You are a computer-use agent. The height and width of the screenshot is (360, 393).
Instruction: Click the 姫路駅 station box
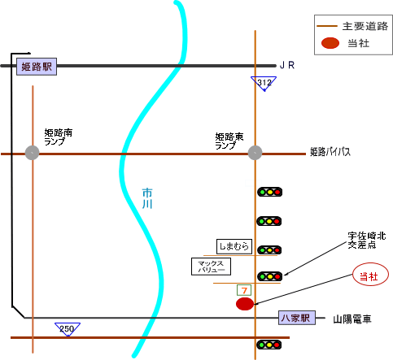tap(37, 67)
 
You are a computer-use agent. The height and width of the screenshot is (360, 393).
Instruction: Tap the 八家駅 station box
tap(297, 318)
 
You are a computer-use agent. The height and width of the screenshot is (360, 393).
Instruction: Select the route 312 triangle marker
tap(264, 84)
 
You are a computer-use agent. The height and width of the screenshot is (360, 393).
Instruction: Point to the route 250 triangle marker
tap(68, 329)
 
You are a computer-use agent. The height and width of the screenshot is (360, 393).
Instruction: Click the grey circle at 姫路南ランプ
tap(32, 153)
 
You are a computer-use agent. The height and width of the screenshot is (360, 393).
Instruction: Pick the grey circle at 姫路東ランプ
tap(255, 153)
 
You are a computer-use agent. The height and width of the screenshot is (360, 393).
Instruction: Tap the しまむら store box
tap(234, 246)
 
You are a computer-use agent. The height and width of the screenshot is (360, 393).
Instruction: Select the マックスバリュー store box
tap(211, 267)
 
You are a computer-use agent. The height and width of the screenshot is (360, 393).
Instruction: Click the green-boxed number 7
tap(244, 290)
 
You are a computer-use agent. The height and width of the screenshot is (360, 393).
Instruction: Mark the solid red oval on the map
tap(245, 304)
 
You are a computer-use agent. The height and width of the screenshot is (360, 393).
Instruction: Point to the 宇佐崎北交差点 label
tap(367, 241)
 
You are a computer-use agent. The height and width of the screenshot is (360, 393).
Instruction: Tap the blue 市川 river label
tap(147, 198)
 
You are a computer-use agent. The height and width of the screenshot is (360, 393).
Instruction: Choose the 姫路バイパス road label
tap(330, 152)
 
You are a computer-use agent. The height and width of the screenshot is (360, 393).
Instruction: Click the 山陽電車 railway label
tap(352, 319)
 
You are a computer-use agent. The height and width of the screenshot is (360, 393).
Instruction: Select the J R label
tap(287, 65)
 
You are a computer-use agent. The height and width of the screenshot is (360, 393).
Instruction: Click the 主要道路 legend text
tap(365, 26)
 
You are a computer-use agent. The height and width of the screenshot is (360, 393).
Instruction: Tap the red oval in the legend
tap(330, 43)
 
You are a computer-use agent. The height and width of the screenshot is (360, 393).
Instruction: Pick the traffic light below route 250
tap(269, 345)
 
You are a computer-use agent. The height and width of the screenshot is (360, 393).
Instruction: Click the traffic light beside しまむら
tap(269, 250)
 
